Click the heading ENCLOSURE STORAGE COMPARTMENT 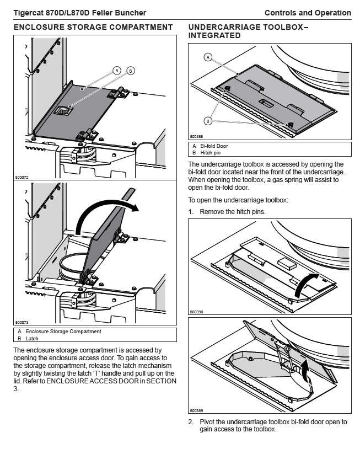click(93, 27)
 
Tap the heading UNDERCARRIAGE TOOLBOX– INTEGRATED click(248, 31)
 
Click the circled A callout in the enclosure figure click(117, 70)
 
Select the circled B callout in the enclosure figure click(130, 70)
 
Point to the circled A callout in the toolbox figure click(208, 56)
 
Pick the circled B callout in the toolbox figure click(208, 120)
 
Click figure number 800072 click(22, 178)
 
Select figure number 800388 click(196, 137)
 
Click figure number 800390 click(196, 312)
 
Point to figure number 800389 click(196, 410)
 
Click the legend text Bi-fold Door click(214, 146)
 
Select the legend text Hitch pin click(210, 153)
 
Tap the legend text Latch click(32, 339)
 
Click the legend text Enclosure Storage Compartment click(63, 332)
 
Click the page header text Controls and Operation click(308, 13)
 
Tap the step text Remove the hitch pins click(232, 212)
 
